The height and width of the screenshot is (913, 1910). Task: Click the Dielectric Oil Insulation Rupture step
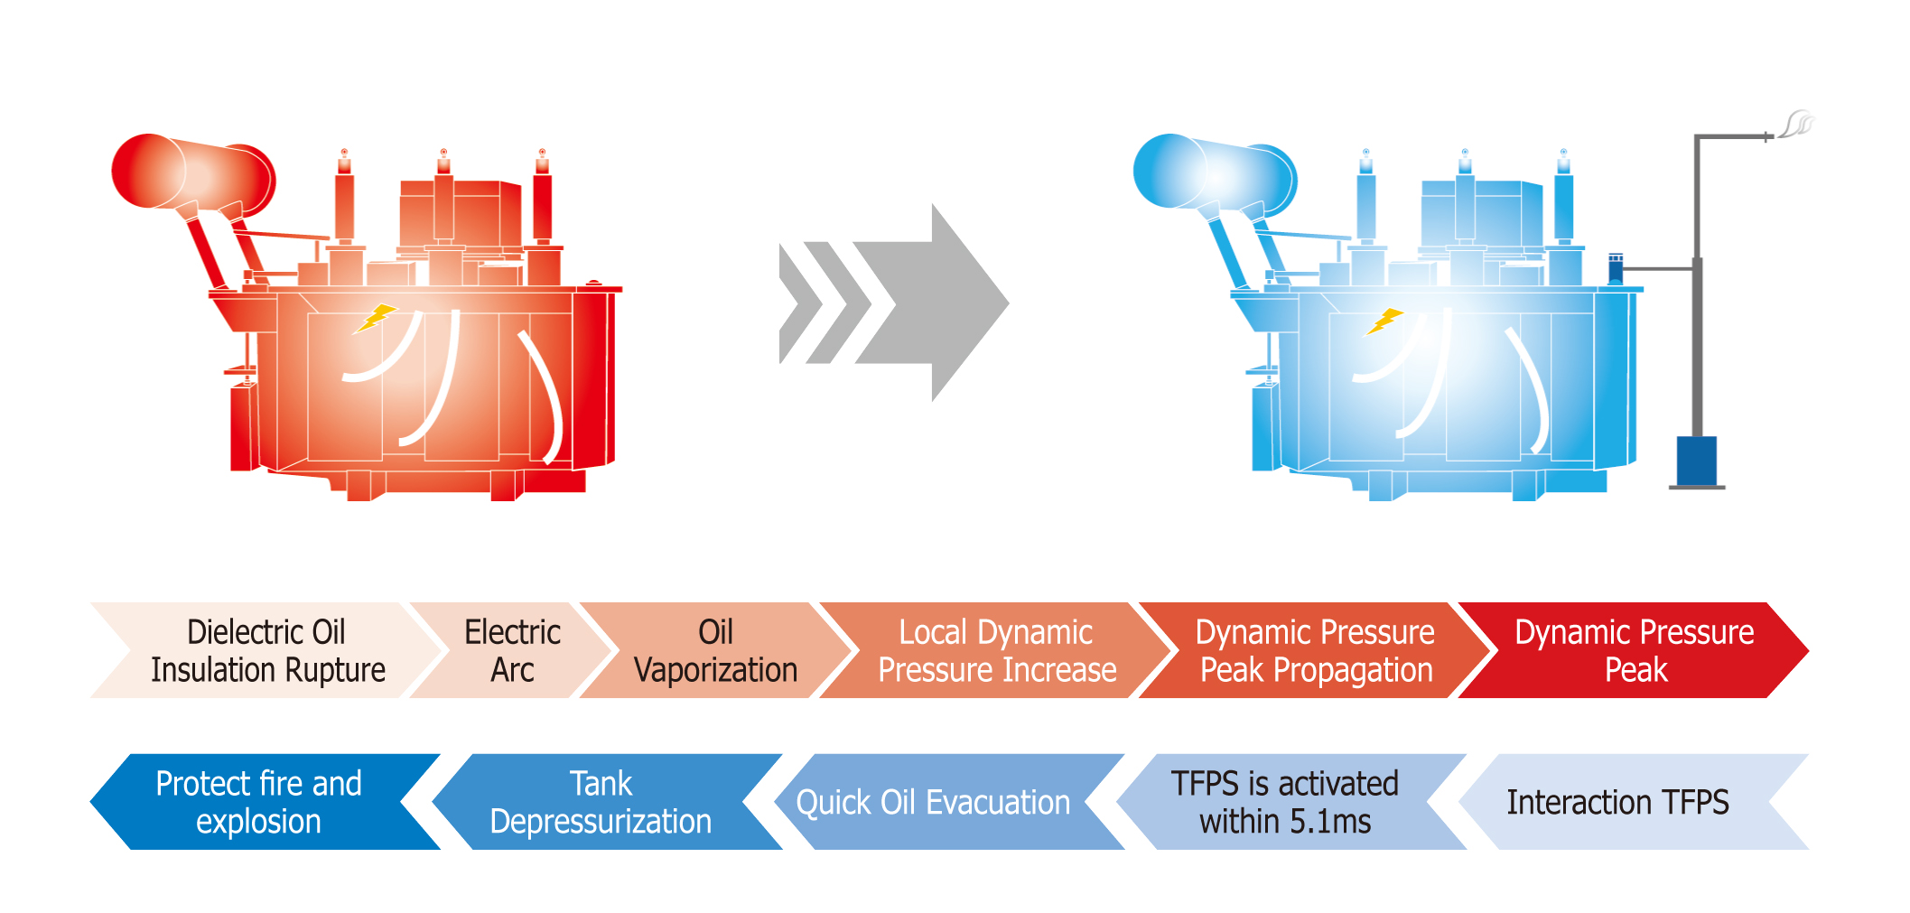coord(267,650)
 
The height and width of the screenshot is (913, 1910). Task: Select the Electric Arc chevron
coord(512,650)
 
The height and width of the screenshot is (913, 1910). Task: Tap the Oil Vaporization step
coord(715,650)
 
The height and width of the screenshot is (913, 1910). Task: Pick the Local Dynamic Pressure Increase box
coord(996,650)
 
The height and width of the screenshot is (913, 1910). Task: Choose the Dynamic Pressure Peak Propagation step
coord(1315,650)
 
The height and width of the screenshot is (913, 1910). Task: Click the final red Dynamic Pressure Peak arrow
coord(1635,650)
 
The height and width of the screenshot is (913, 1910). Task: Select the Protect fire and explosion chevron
coord(258,802)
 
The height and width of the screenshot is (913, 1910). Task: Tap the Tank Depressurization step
coord(601,802)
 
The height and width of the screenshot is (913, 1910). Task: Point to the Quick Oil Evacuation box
coord(933,802)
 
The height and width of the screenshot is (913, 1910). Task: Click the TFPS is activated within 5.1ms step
coord(1284,802)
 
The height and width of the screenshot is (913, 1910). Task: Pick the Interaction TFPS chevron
coord(1617,802)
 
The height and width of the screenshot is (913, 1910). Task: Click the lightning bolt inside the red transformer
coord(377,318)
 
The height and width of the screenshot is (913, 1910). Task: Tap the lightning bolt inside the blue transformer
coord(1385,321)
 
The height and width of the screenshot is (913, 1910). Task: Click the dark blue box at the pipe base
coord(1696,461)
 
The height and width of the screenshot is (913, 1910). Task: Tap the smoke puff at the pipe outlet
coord(1798,123)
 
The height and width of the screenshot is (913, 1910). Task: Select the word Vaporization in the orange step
coord(715,670)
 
